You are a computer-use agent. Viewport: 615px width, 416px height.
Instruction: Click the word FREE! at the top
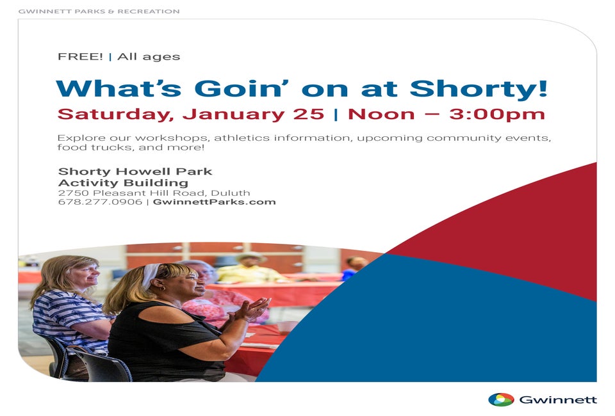pyautogui.click(x=80, y=56)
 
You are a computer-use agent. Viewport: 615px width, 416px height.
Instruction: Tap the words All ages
pyautogui.click(x=149, y=57)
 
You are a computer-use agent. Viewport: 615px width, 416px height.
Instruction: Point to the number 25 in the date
pyautogui.click(x=308, y=114)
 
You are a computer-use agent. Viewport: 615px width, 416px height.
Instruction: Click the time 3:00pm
pyautogui.click(x=497, y=114)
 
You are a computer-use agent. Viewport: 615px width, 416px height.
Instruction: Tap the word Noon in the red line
pyautogui.click(x=381, y=114)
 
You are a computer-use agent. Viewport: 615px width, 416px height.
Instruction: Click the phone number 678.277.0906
pyautogui.click(x=100, y=202)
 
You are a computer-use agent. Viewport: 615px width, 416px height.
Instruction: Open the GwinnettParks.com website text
pyautogui.click(x=214, y=202)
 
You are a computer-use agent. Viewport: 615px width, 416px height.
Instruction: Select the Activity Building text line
pyautogui.click(x=123, y=183)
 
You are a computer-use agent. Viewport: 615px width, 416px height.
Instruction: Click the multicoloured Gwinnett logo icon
pyautogui.click(x=501, y=399)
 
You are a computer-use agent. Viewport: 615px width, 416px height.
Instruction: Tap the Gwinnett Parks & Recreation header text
pyautogui.click(x=99, y=12)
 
